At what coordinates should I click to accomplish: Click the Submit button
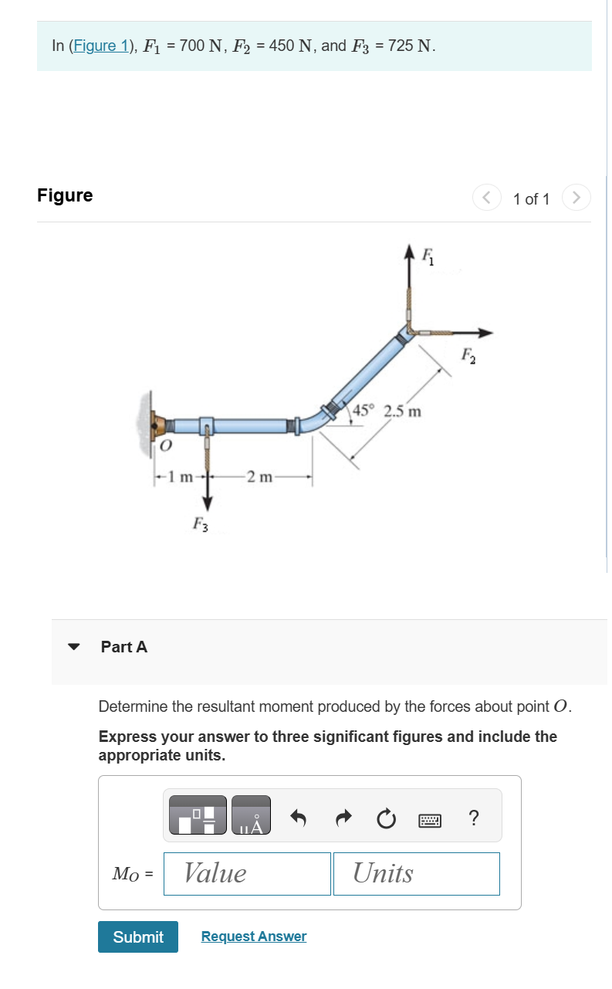tap(137, 937)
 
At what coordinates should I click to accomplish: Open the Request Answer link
tap(253, 937)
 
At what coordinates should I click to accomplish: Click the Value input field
tap(247, 874)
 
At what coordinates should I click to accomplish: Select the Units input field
tap(416, 874)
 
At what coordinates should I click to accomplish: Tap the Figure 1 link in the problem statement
tap(99, 46)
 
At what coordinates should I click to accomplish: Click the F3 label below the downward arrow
tap(199, 526)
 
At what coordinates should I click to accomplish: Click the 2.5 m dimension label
tap(403, 410)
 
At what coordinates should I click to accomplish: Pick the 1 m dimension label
tap(181, 476)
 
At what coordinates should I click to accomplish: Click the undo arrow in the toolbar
tap(299, 817)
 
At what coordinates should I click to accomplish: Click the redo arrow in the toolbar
tap(344, 817)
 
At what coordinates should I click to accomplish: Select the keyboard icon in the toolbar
tap(431, 818)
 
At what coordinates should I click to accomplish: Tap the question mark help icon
tap(474, 817)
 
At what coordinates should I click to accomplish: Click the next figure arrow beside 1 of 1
tap(576, 198)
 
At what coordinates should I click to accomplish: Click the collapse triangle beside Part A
tap(74, 647)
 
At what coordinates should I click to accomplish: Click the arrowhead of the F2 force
tap(485, 333)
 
